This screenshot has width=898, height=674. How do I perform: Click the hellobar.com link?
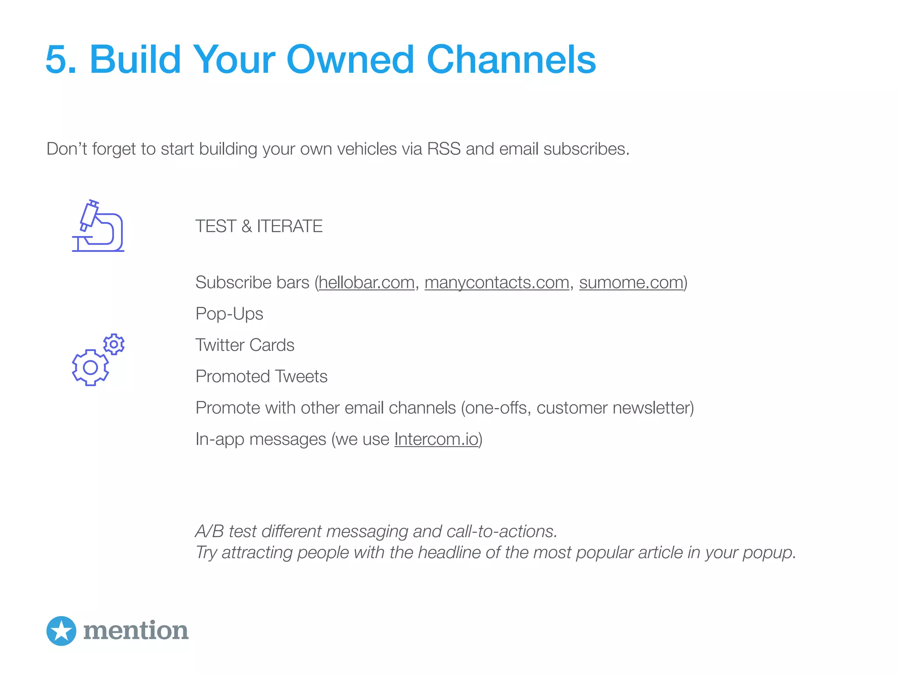point(367,283)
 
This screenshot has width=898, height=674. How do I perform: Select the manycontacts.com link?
point(497,283)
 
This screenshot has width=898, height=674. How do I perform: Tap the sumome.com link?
point(631,283)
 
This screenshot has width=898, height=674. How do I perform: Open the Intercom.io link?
point(436,439)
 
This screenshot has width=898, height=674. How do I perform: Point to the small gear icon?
point(114,344)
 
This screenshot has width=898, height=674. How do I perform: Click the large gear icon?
point(90,368)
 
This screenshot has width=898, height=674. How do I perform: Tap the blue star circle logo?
point(61,631)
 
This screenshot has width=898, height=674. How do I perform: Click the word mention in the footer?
point(136,631)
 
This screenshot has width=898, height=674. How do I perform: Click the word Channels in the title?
point(511,60)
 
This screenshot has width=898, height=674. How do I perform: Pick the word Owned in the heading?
point(350,60)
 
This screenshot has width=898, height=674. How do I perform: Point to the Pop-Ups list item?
point(229,314)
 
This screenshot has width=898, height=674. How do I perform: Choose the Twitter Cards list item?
point(245,345)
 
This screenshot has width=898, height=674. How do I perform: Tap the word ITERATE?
point(290,226)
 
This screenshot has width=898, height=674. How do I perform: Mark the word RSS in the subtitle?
point(444,149)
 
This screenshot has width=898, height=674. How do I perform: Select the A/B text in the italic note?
point(210,531)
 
